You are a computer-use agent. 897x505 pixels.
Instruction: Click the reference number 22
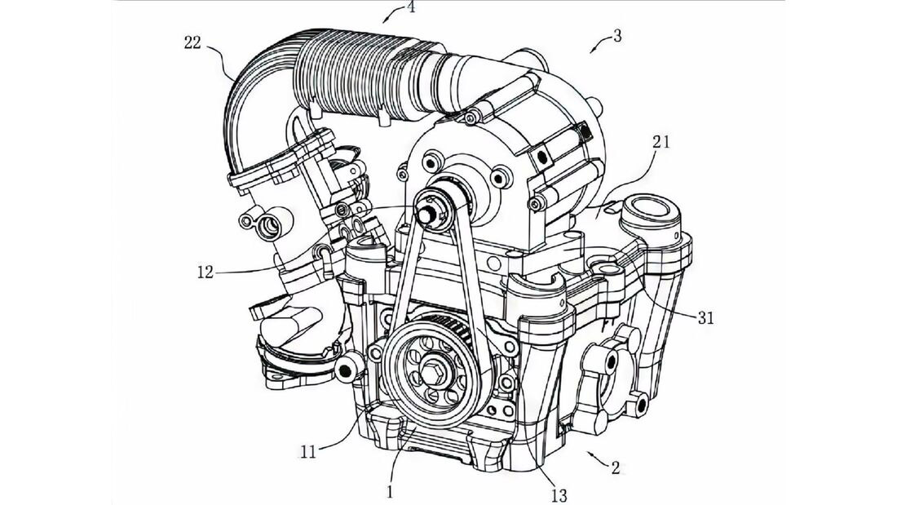[192, 42]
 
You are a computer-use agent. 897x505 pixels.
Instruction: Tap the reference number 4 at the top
[410, 8]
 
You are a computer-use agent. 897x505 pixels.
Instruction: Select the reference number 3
[616, 36]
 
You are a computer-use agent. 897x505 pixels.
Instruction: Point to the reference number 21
[661, 142]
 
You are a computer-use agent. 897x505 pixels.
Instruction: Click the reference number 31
[705, 317]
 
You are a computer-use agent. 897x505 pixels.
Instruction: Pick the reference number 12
[205, 272]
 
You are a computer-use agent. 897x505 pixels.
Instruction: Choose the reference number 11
[308, 453]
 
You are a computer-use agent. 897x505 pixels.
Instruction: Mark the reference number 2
[616, 467]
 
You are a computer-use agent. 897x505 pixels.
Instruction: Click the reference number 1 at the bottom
[390, 492]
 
